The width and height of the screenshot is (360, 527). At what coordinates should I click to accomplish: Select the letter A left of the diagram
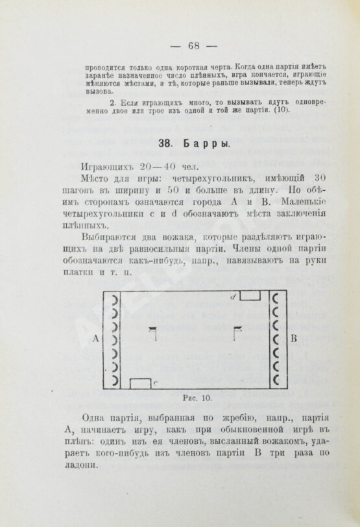[x=95, y=339]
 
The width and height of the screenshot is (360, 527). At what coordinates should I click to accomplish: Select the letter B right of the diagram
[x=294, y=339]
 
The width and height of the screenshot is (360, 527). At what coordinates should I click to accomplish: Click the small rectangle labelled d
[x=250, y=296]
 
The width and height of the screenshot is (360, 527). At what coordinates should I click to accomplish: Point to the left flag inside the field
[x=153, y=332]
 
